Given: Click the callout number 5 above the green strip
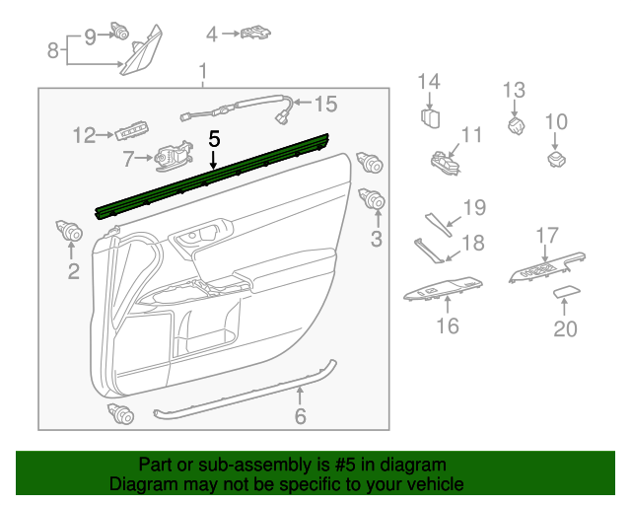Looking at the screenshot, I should pyautogui.click(x=214, y=139).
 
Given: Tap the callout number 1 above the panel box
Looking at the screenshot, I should pyautogui.click(x=203, y=72).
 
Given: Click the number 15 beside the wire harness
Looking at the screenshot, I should pyautogui.click(x=325, y=103).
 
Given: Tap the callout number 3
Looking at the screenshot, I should pyautogui.click(x=376, y=239).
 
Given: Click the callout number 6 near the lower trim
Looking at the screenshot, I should pyautogui.click(x=301, y=417).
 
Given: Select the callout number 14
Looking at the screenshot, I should pyautogui.click(x=429, y=81).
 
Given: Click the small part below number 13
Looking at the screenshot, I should pyautogui.click(x=515, y=125).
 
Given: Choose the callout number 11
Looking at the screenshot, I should pyautogui.click(x=472, y=133).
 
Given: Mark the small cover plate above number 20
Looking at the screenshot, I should pyautogui.click(x=565, y=292).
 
